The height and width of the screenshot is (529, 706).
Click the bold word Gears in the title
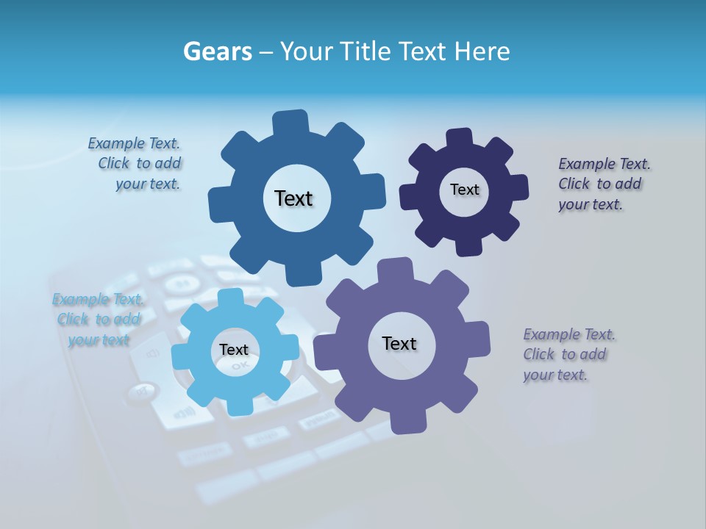[x=217, y=52]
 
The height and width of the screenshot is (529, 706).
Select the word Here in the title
[x=482, y=52]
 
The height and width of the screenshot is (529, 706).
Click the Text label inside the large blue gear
[x=293, y=198]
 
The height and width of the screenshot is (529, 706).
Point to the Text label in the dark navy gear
[x=464, y=190]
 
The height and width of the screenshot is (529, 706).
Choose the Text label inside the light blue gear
[x=234, y=350]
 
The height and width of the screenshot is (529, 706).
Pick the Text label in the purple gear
[x=399, y=343]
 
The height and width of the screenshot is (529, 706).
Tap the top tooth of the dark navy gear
[x=460, y=139]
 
